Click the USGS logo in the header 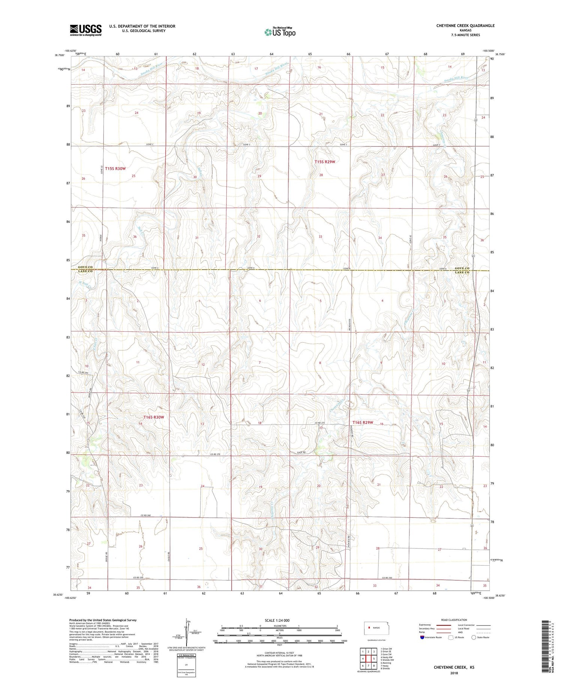[86, 30]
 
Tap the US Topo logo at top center [280, 32]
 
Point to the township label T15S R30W [115, 169]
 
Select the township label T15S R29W [324, 162]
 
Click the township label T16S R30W [154, 417]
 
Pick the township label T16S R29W [363, 422]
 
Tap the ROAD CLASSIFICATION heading [454, 620]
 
